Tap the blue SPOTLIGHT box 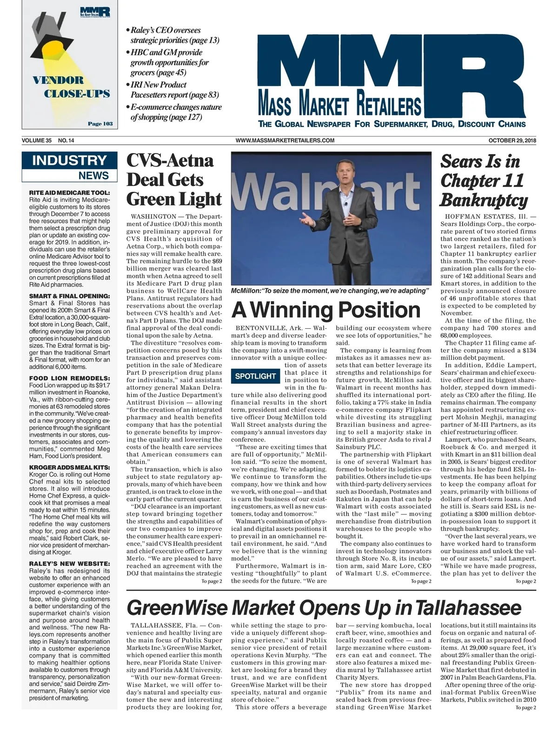[x=255, y=376]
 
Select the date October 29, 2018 [x=512, y=140]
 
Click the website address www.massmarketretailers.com [x=285, y=140]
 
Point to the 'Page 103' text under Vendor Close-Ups [x=100, y=124]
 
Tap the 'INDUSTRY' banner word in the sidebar [x=69, y=161]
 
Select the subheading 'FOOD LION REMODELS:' [x=69, y=378]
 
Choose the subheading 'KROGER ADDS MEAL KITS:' [x=69, y=467]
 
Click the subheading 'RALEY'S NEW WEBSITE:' [x=69, y=563]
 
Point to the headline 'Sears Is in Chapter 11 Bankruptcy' [x=484, y=181]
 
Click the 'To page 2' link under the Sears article [x=525, y=581]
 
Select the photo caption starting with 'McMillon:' [x=329, y=290]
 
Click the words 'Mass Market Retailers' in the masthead [x=339, y=104]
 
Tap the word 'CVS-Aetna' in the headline [x=170, y=161]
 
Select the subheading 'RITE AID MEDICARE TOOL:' [x=69, y=192]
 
